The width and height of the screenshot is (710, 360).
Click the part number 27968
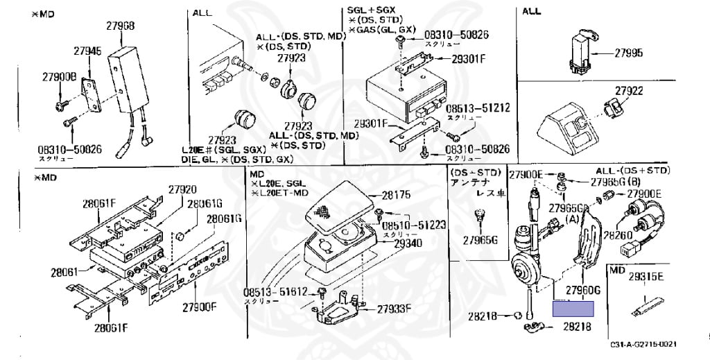[x=121, y=26]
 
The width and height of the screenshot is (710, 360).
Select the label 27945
[x=87, y=51]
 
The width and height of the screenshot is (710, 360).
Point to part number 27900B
[x=59, y=76]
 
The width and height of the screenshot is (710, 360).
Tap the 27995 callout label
[x=628, y=53]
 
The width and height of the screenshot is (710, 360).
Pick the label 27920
[x=182, y=189]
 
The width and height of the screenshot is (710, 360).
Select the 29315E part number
[x=647, y=276]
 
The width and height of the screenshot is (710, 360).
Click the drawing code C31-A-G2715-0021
[x=643, y=345]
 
